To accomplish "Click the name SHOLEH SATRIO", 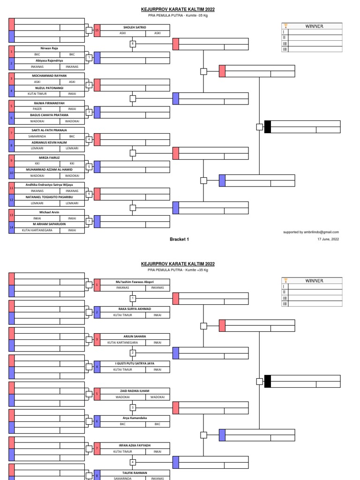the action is tap(135, 27).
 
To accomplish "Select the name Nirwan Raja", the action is tap(49, 48).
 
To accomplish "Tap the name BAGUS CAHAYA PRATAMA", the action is tap(49, 115).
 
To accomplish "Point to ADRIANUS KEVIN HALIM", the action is tap(49, 142).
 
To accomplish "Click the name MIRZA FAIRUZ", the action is tap(49, 157).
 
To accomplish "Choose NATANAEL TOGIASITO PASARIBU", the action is tap(49, 197).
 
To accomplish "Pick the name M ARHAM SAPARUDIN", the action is tap(49, 224).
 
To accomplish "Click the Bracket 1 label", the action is tap(180, 239).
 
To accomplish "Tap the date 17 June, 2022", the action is tap(328, 239).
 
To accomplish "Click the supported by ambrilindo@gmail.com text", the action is tap(311, 232).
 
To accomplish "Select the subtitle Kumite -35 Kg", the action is tap(196, 15).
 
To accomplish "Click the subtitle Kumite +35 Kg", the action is tap(197, 270).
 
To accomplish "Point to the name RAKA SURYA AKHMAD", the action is tap(135, 309).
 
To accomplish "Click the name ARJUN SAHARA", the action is tap(135, 336).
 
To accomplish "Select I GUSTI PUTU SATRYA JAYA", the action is tap(135, 363).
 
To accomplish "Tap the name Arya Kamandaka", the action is tap(135, 418).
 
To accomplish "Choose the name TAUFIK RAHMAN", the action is tap(135, 472).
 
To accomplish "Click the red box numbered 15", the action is tap(97, 30).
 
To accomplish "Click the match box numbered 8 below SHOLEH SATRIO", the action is tap(133, 44).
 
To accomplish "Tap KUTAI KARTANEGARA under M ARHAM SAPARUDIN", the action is tap(37, 230).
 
